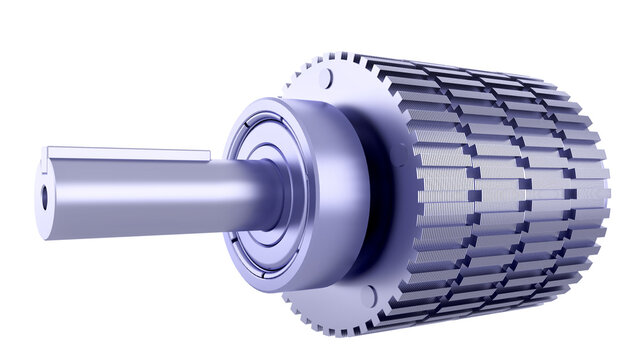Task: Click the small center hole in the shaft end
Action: point(44,197)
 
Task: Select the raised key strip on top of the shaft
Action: point(130,154)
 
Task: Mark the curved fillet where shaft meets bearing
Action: point(268,190)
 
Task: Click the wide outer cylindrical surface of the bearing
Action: point(335,200)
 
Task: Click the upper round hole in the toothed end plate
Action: point(325,78)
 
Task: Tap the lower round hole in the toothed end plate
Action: point(368,296)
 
